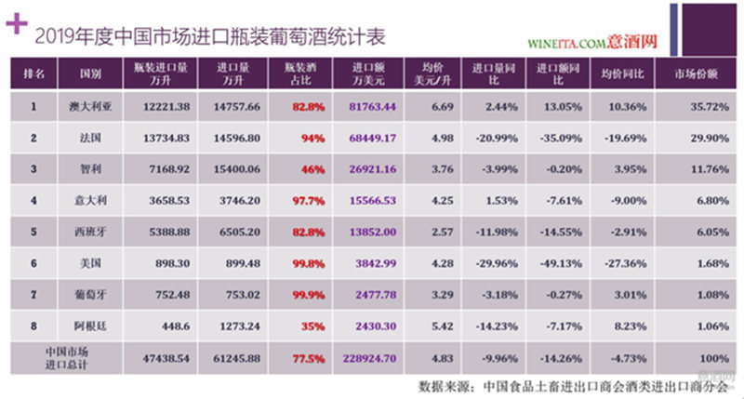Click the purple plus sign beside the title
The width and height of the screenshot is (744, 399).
(x=15, y=24)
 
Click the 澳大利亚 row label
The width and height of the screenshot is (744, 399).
(x=89, y=108)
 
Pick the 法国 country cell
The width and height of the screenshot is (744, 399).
(x=89, y=138)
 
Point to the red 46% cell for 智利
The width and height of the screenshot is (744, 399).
(x=312, y=168)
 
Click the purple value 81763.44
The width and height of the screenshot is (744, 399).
(x=377, y=108)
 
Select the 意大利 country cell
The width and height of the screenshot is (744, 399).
(x=89, y=199)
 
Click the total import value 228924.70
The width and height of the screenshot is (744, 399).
(x=377, y=355)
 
